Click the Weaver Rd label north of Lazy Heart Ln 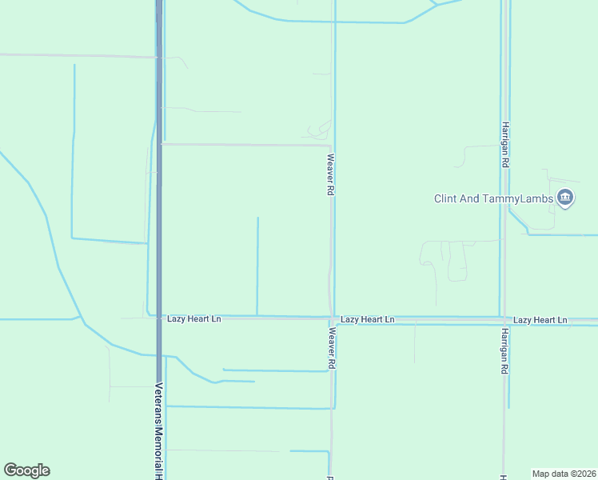point(329,175)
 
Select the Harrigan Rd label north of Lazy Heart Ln point(505,144)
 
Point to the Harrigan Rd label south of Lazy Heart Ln point(505,353)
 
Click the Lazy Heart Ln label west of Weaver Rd point(193,318)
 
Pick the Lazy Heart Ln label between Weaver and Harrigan point(367,319)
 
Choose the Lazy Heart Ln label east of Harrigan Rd point(540,320)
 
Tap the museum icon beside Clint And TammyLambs point(565,197)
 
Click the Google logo point(26,470)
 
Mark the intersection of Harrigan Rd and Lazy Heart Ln point(503,319)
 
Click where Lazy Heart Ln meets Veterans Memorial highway point(159,317)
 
